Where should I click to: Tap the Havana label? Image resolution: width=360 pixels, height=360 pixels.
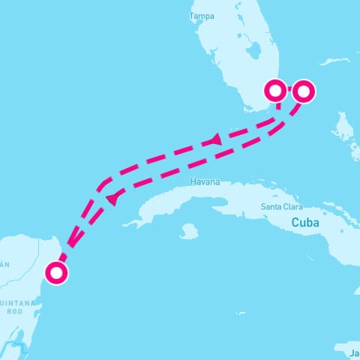205,182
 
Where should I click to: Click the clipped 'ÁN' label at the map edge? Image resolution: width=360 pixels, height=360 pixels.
4,264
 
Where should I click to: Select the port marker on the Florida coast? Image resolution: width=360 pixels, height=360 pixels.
276,91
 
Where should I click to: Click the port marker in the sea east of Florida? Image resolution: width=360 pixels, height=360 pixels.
303,91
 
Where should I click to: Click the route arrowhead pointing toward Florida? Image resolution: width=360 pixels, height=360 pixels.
215,139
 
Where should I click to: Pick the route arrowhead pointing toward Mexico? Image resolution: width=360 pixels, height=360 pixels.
112,199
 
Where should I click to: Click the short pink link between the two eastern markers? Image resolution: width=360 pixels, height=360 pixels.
289,91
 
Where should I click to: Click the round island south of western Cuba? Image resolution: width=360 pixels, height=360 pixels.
188,232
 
